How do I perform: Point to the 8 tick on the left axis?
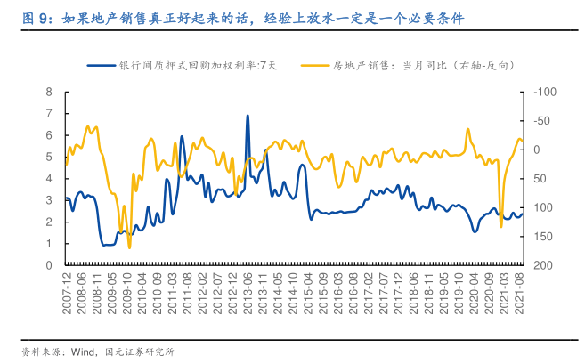point(50,92)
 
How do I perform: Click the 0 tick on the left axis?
point(50,265)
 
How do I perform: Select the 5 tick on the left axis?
point(50,157)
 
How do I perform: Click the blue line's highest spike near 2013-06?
point(248,116)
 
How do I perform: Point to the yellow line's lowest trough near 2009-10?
point(129,247)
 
